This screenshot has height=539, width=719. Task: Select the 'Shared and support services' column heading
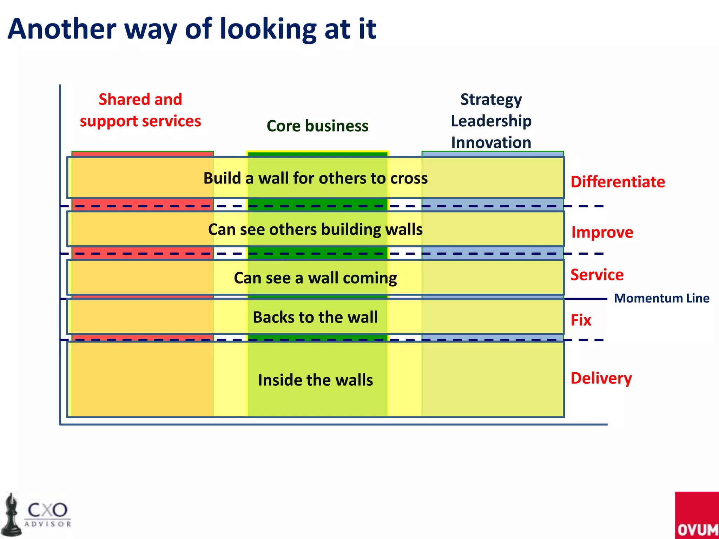pyautogui.click(x=140, y=110)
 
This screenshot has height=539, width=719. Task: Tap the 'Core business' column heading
pyautogui.click(x=317, y=126)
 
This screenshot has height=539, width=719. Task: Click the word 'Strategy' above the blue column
pyautogui.click(x=491, y=100)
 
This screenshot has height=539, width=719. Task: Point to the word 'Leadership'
pyautogui.click(x=491, y=121)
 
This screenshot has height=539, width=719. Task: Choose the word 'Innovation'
pyautogui.click(x=491, y=142)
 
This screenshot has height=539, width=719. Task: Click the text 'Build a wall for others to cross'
pyautogui.click(x=315, y=178)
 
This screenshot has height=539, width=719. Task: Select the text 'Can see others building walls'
pyautogui.click(x=315, y=229)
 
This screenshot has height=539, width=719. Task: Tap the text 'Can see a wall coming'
pyautogui.click(x=315, y=278)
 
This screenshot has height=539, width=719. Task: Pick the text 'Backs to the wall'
pyautogui.click(x=315, y=317)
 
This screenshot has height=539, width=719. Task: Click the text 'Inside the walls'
pyautogui.click(x=315, y=380)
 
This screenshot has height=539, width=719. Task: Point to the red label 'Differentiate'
pyautogui.click(x=618, y=182)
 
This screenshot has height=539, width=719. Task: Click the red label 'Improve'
pyautogui.click(x=602, y=232)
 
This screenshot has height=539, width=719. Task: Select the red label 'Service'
pyautogui.click(x=597, y=274)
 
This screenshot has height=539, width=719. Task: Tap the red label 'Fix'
pyautogui.click(x=581, y=320)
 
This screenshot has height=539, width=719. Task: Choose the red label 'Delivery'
pyautogui.click(x=601, y=378)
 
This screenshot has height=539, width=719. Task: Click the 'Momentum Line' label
pyautogui.click(x=661, y=298)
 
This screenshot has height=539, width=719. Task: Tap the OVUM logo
pyautogui.click(x=697, y=516)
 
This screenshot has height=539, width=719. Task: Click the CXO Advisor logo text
pyautogui.click(x=48, y=514)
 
